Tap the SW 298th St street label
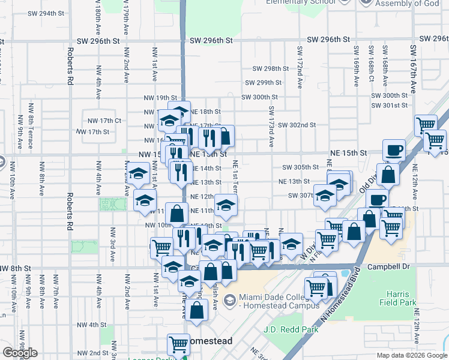[267, 68]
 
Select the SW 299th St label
[263, 83]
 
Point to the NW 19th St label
[160, 97]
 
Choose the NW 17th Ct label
[104, 121]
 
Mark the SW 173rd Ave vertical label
[271, 127]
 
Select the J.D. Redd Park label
[288, 329]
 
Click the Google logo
[20, 353]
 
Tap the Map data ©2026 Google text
[411, 355]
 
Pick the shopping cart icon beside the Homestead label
[178, 344]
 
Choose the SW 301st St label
[389, 106]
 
